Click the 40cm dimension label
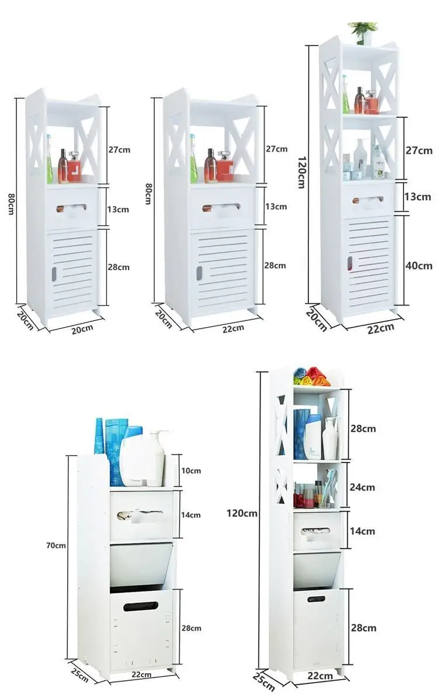419,266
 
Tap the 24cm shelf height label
363,487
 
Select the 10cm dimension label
190,470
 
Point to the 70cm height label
56,545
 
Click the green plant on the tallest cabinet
363,29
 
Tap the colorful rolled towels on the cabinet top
311,376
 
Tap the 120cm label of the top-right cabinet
301,172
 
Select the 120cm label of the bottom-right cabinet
242,513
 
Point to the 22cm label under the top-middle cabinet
232,328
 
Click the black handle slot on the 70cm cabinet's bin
141,606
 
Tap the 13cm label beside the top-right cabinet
419,197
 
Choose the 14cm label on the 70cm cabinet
190,514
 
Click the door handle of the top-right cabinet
350,263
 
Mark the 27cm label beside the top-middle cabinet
276,149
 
